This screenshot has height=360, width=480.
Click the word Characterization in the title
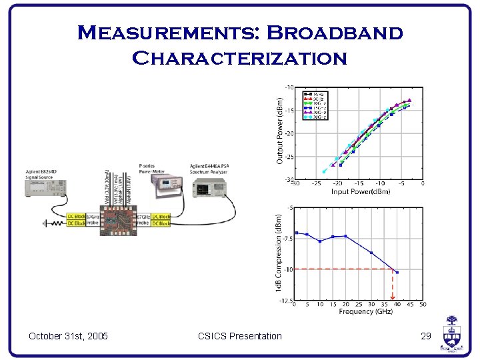click(240, 58)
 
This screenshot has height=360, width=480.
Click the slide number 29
click(426, 336)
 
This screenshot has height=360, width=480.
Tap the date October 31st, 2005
click(68, 336)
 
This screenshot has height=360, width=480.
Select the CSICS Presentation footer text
click(240, 336)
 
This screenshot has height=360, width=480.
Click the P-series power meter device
click(171, 186)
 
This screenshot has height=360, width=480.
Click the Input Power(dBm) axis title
click(360, 191)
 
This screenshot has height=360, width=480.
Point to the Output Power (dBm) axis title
click(279, 131)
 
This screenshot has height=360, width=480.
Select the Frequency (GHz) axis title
click(365, 312)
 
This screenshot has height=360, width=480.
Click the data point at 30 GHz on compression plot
click(371, 252)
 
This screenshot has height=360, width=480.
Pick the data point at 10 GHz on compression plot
click(320, 241)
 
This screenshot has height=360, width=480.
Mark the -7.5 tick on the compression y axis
click(286, 239)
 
